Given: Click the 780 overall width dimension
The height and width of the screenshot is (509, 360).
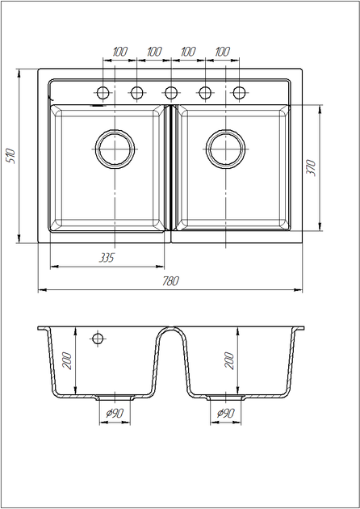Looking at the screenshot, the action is tap(170, 281).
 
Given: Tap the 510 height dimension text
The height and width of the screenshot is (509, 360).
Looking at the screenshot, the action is tap(11, 156).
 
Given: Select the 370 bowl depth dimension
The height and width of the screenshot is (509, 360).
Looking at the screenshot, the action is tap(311, 167).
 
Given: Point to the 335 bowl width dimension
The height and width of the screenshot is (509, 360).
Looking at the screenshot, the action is tap(107, 258).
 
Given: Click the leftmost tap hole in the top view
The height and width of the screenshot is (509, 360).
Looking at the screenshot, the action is tap(103, 93).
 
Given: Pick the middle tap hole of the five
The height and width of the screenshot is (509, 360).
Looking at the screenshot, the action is tap(171, 93).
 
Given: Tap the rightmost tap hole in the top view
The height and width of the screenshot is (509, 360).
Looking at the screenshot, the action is tap(239, 93).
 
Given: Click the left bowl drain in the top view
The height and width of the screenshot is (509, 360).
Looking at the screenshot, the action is tap(115, 149).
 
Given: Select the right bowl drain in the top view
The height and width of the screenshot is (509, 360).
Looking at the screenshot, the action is tap(226, 149).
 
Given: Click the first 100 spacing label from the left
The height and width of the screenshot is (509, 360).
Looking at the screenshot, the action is tap(120, 52).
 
